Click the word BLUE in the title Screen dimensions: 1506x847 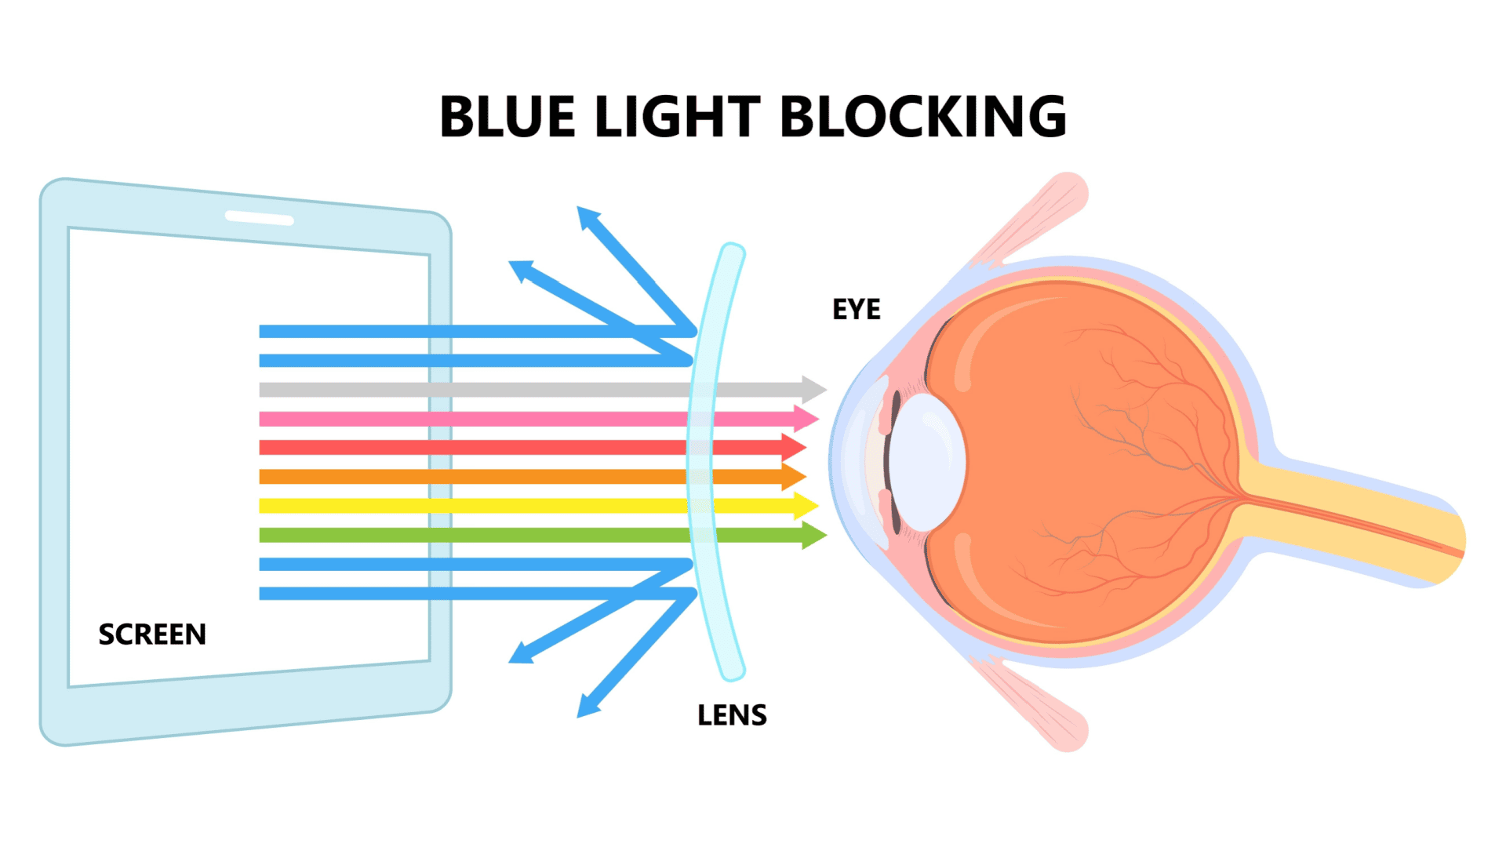click(507, 117)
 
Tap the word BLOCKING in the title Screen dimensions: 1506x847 click(923, 117)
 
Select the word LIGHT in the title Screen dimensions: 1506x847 click(678, 117)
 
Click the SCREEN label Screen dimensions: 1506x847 click(152, 634)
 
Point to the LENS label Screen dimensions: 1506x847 click(732, 715)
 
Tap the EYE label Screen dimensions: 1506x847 click(857, 310)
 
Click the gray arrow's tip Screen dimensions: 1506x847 click(826, 389)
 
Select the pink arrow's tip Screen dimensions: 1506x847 click(818, 418)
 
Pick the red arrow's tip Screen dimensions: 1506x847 click(806, 447)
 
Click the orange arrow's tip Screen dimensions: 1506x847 click(806, 476)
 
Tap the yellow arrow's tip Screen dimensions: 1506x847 click(818, 506)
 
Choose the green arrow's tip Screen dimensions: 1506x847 click(827, 536)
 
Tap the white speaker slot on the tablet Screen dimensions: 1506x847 click(260, 218)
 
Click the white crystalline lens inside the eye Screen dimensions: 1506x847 click(926, 463)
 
